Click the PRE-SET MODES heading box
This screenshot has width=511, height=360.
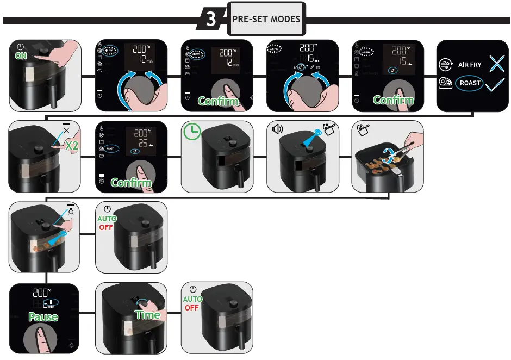[266, 19]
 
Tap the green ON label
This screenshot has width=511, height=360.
[21, 56]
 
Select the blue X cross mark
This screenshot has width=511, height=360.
[497, 64]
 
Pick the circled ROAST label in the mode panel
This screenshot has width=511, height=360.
[469, 83]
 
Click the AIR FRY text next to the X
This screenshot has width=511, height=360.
[470, 65]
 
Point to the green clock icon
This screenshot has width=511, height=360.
[191, 132]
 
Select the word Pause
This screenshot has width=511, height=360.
[43, 317]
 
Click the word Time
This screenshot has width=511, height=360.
[148, 315]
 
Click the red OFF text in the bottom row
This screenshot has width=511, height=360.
[192, 307]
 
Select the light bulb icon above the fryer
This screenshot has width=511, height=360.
[71, 210]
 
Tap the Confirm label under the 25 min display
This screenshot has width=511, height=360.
[131, 182]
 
